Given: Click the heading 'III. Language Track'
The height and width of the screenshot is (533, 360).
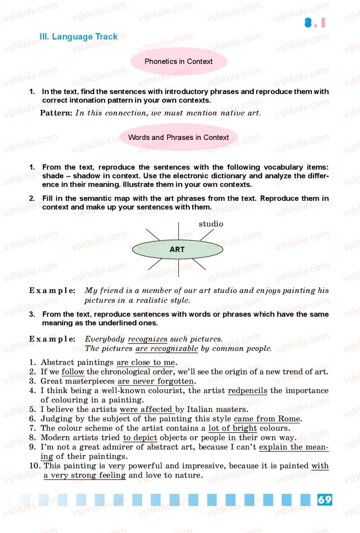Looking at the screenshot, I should pos(78,37).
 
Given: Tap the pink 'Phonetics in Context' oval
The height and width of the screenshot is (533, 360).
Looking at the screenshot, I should pos(179,62).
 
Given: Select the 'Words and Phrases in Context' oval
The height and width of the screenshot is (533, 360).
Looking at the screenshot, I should pos(179,138).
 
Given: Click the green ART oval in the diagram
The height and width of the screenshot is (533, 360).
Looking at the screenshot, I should pos(177,249).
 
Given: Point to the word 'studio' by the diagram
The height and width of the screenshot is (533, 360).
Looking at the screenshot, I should pos(211,224).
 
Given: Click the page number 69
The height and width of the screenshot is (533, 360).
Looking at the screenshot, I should pos(324,500).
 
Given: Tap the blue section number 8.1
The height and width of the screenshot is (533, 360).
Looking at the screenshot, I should pos(315,23).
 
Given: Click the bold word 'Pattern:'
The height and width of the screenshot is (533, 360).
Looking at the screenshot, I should pos(56,113).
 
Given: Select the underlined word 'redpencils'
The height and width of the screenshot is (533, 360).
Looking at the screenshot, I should pos(247,390).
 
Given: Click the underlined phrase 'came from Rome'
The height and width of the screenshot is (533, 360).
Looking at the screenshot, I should pos(267,419).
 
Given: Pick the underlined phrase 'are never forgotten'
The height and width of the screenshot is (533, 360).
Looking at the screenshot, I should pos(155,381).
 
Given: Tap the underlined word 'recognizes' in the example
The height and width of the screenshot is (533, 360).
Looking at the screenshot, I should pos(148,339).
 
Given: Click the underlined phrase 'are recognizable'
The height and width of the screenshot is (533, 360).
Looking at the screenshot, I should pos(166,348).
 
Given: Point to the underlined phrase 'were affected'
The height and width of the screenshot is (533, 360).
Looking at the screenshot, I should pos(146,409).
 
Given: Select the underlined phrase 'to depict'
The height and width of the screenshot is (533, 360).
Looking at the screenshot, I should pos(140,438).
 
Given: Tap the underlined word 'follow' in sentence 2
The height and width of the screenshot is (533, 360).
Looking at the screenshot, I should pos(73,372).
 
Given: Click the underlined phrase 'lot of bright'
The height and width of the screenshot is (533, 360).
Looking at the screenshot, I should pos(233,428).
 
